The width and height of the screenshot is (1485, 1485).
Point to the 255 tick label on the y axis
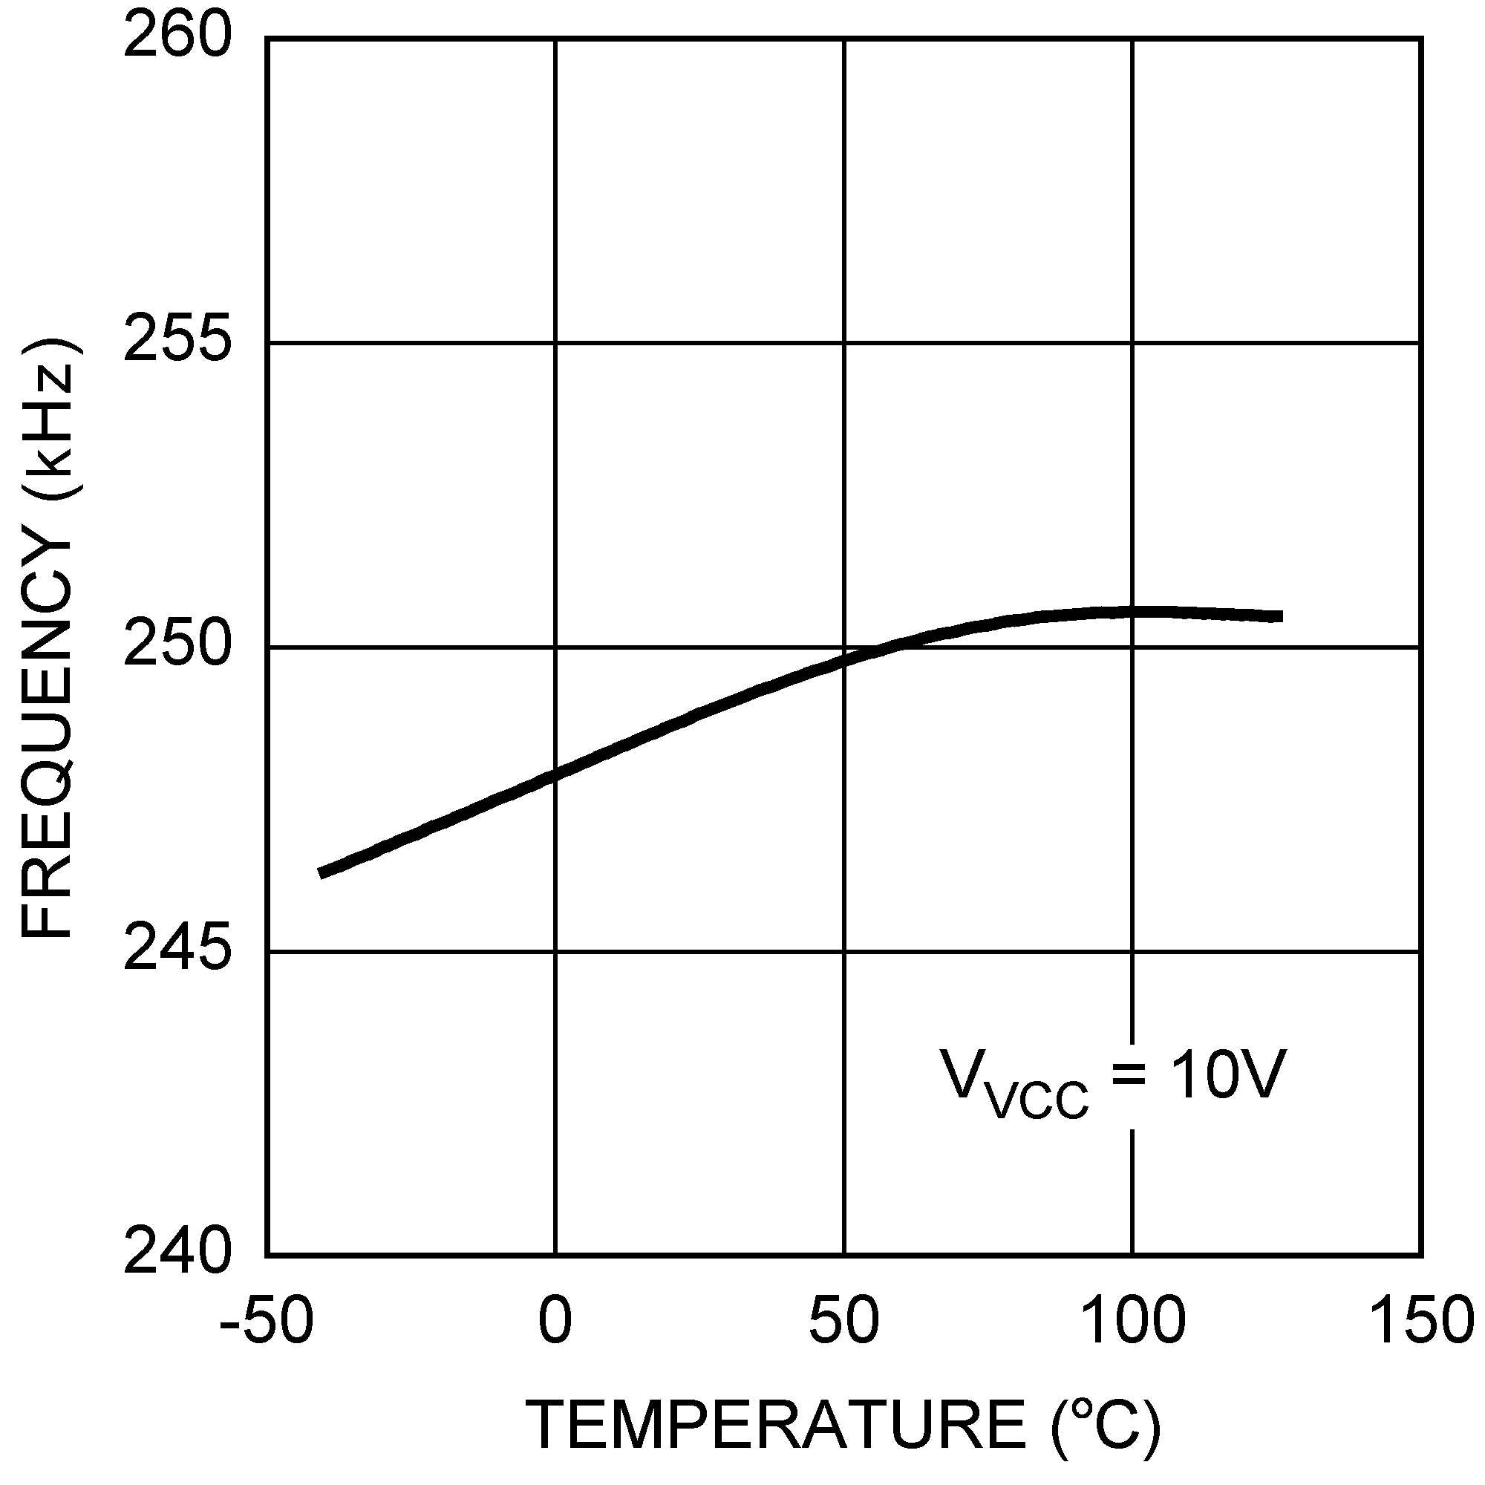coord(177,342)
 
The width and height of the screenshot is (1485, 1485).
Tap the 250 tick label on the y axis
coord(177,647)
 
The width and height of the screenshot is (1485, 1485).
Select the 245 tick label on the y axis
coord(177,952)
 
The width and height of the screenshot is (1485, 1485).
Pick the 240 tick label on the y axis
coord(177,1255)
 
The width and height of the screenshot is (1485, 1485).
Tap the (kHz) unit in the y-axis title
coord(50,418)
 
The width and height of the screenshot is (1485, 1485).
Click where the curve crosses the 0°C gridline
coord(555,774)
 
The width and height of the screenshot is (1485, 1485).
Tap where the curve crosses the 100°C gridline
coord(1132,613)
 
